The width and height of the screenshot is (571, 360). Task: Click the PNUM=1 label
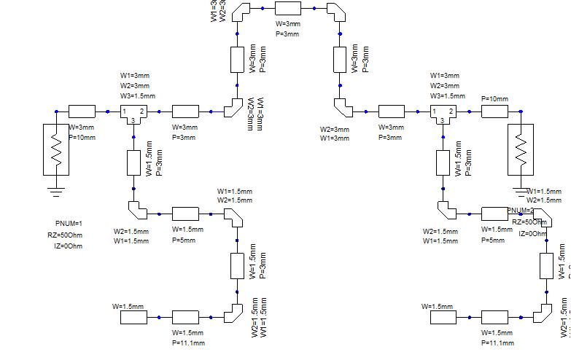pos(69,223)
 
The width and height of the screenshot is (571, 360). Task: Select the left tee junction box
pos(133,114)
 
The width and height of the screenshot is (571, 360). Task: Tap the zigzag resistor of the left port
pos(56,149)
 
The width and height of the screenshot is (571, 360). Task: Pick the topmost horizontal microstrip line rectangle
pos(288,9)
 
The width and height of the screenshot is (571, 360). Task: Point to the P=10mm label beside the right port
pos(494,98)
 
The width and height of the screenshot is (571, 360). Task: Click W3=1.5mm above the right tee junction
pos(448,95)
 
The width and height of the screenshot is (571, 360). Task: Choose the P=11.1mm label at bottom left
pos(189,343)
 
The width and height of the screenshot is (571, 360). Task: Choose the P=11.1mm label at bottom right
pos(498,343)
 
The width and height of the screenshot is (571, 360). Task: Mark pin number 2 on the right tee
pos(451,111)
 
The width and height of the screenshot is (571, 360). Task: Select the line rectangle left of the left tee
pos(82,111)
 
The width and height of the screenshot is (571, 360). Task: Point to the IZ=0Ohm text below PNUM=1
pos(66,246)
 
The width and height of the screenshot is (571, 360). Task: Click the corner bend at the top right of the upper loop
pos(335,12)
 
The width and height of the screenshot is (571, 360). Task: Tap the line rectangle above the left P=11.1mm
pos(185,317)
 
